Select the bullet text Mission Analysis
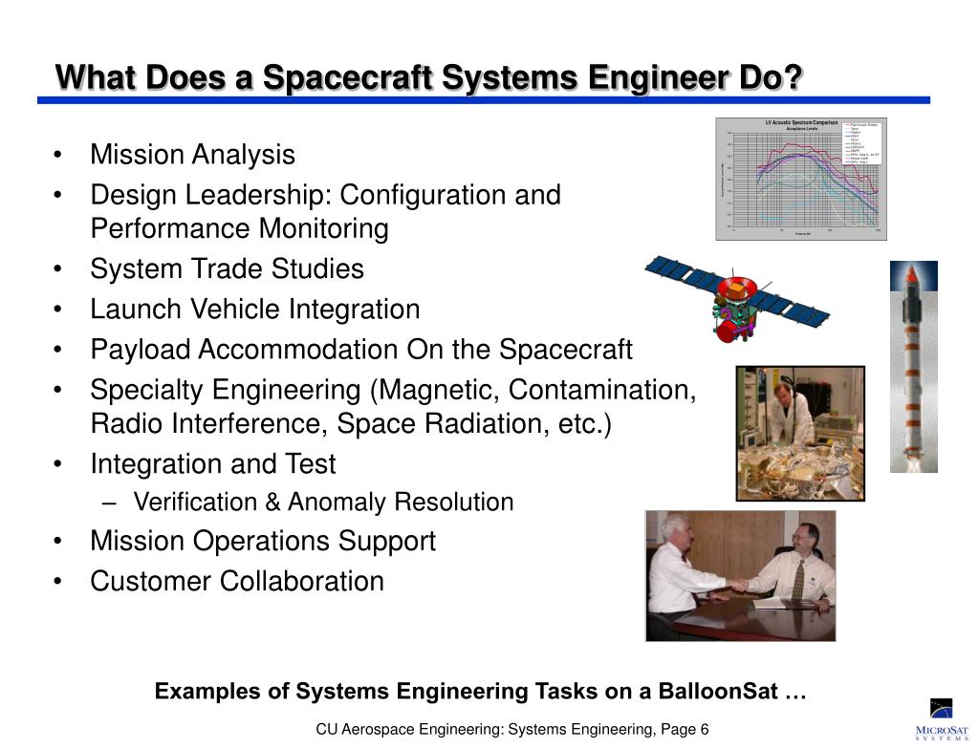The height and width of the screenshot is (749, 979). click(x=192, y=155)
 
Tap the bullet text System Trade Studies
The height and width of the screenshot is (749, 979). click(x=227, y=269)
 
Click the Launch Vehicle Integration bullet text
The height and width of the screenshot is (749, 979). click(x=254, y=310)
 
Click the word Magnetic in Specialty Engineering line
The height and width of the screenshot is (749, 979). click(x=437, y=390)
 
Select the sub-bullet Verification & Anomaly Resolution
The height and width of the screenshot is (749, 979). click(x=323, y=503)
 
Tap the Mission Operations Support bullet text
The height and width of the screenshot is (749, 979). click(x=263, y=541)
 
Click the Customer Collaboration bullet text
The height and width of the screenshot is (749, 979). click(x=237, y=581)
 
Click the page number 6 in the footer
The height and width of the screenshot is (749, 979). click(x=704, y=730)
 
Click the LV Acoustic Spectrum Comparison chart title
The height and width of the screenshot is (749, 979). click(x=801, y=123)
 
